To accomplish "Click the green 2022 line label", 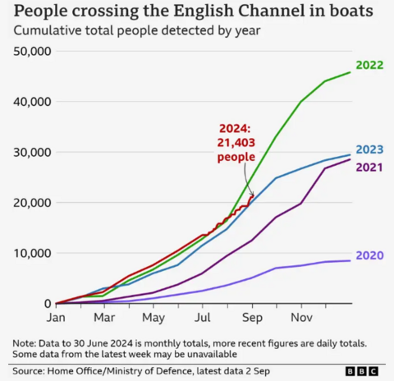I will [369, 65].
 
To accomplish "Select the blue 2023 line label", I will [369, 149].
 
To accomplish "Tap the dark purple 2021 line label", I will [369, 168].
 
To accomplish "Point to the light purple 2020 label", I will [369, 255].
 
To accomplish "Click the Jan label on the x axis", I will [55, 317].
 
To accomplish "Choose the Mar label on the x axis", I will [103, 317].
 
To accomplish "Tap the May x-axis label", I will [153, 317].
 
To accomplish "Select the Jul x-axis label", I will [202, 317].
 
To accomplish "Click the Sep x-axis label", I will [251, 317].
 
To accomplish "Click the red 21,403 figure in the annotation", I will [236, 143].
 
